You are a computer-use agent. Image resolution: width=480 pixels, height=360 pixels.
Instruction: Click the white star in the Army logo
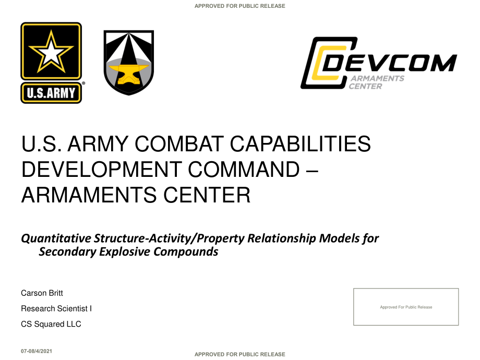(51, 52)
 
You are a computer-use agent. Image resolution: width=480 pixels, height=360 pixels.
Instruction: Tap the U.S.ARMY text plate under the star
(51, 93)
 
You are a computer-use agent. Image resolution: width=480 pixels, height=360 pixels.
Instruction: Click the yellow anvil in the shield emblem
(128, 74)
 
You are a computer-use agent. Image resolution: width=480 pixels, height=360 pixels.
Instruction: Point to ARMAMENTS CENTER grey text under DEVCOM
(377, 82)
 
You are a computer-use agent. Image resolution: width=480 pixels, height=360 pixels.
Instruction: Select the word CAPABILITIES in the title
(301, 143)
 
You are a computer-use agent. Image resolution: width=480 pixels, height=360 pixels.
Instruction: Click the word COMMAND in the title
(244, 169)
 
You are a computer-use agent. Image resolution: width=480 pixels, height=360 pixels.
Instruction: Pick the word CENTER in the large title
(207, 195)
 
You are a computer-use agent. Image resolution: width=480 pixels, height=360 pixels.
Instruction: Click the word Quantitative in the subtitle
(56, 238)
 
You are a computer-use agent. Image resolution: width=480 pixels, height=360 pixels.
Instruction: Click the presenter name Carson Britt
(42, 293)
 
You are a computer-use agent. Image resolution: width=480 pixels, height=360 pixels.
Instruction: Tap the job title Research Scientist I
(56, 308)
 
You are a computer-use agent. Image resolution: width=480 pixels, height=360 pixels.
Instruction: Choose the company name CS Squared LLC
(51, 324)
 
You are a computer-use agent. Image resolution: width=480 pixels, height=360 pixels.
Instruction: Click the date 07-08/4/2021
(37, 351)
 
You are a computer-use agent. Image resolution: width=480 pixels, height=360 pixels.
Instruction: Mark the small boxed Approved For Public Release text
(406, 307)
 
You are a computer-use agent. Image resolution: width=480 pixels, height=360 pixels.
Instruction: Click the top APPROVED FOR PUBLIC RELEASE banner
(239, 6)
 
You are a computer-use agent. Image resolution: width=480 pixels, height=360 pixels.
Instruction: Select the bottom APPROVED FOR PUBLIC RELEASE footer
(239, 354)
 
